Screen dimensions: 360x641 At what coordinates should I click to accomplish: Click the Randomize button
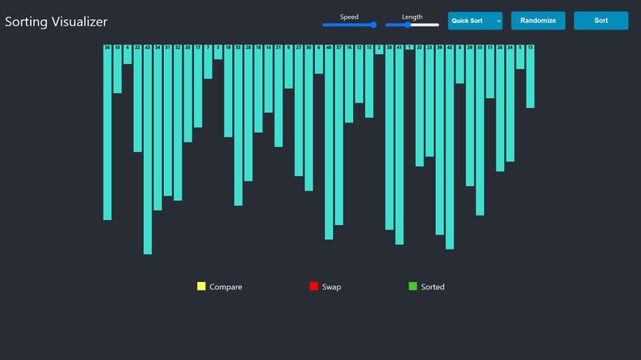point(538,21)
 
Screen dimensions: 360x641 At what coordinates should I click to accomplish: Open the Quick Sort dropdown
point(475,21)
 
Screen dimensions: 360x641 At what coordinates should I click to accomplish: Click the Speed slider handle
point(373,25)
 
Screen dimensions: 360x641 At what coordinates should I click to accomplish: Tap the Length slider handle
point(408,25)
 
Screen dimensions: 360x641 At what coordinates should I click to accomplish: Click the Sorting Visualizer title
point(56,22)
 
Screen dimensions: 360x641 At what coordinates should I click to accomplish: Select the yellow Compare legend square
point(201,286)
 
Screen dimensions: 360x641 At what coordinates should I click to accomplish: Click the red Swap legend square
point(314,286)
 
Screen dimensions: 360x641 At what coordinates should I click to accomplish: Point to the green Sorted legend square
point(413,286)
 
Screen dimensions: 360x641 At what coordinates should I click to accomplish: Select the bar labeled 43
point(147,151)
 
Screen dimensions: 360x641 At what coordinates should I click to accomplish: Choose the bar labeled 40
point(329,143)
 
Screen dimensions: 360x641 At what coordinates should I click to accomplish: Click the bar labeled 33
point(239,126)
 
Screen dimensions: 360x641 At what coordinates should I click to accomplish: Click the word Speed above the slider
point(349,17)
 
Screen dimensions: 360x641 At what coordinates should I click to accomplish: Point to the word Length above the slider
point(412,17)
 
